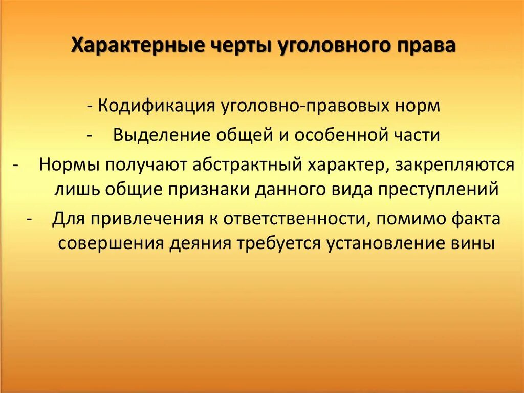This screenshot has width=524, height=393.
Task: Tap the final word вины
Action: [474, 242]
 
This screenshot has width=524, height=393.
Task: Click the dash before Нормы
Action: [16, 164]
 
